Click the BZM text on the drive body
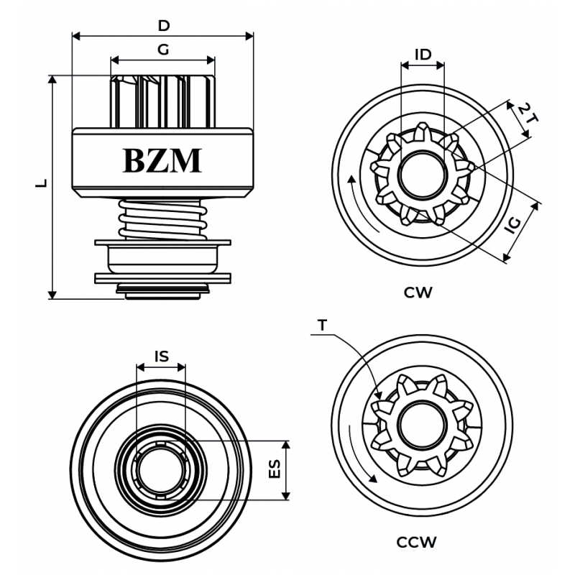coord(162,161)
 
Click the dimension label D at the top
coord(164,26)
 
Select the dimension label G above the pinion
coord(163,50)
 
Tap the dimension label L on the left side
coord(41,183)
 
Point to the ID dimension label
coord(423,55)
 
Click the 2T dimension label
coord(528,115)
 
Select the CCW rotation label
coord(417,542)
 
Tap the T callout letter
coord(322,326)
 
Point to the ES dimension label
coord(275,470)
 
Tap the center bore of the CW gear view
coord(423,175)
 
